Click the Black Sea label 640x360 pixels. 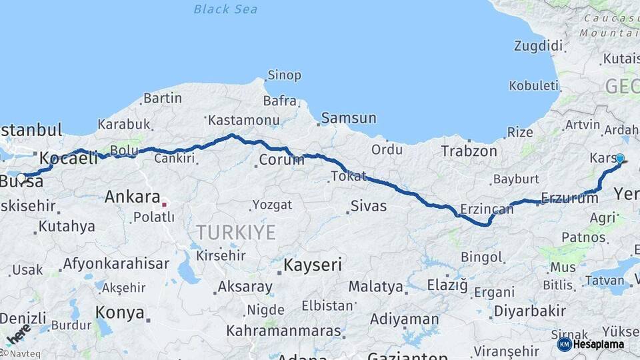pos(225,9)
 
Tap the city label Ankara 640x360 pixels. pos(133,197)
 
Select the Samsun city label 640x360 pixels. pos(348,119)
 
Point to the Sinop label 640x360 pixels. pos(284,75)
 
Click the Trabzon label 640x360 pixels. pos(469,151)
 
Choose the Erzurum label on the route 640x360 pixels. pos(569,197)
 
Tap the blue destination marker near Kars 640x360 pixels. pos(620,159)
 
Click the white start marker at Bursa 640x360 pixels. pos(22,179)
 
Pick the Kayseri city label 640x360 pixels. pos(313,265)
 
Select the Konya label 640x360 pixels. pos(120,312)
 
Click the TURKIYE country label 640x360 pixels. pos(235,232)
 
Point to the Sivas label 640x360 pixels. pos(369,206)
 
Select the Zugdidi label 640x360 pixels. pos(539,46)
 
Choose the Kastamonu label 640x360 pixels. pos(243,121)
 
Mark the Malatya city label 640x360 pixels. pos(377,287)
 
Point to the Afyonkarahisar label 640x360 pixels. pos(116,263)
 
